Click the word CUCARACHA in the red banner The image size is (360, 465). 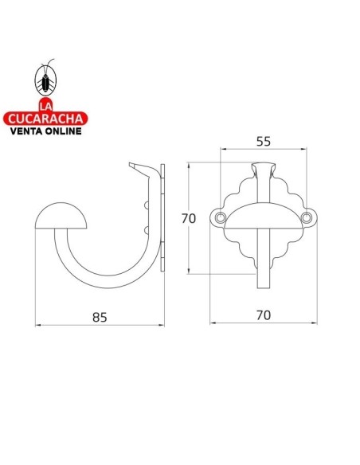tap(45, 119)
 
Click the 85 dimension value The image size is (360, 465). tap(100, 317)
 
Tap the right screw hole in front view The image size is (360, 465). tap(307, 218)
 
